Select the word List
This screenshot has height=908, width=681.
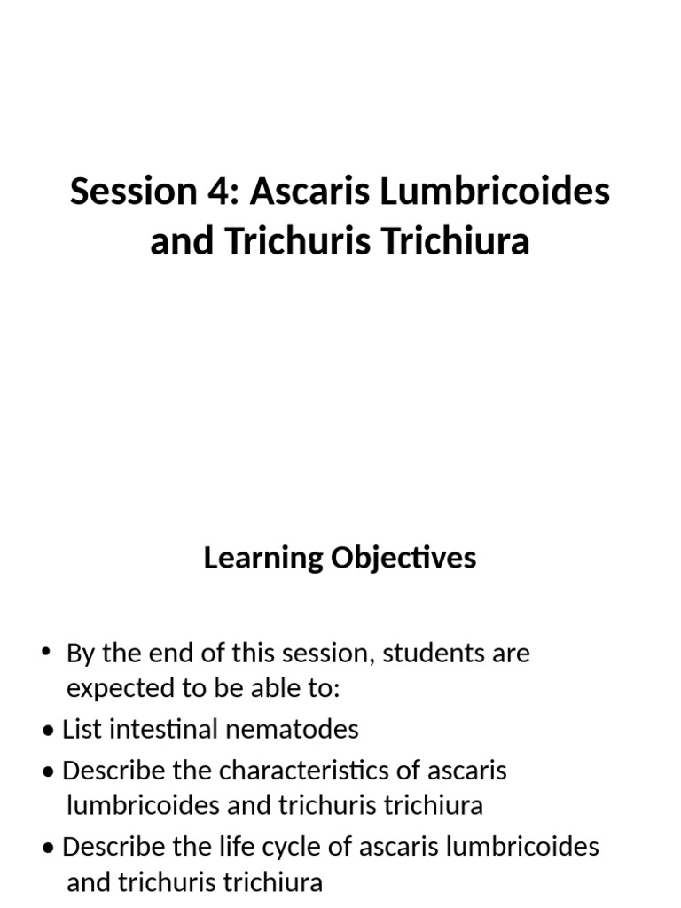pyautogui.click(x=80, y=729)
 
